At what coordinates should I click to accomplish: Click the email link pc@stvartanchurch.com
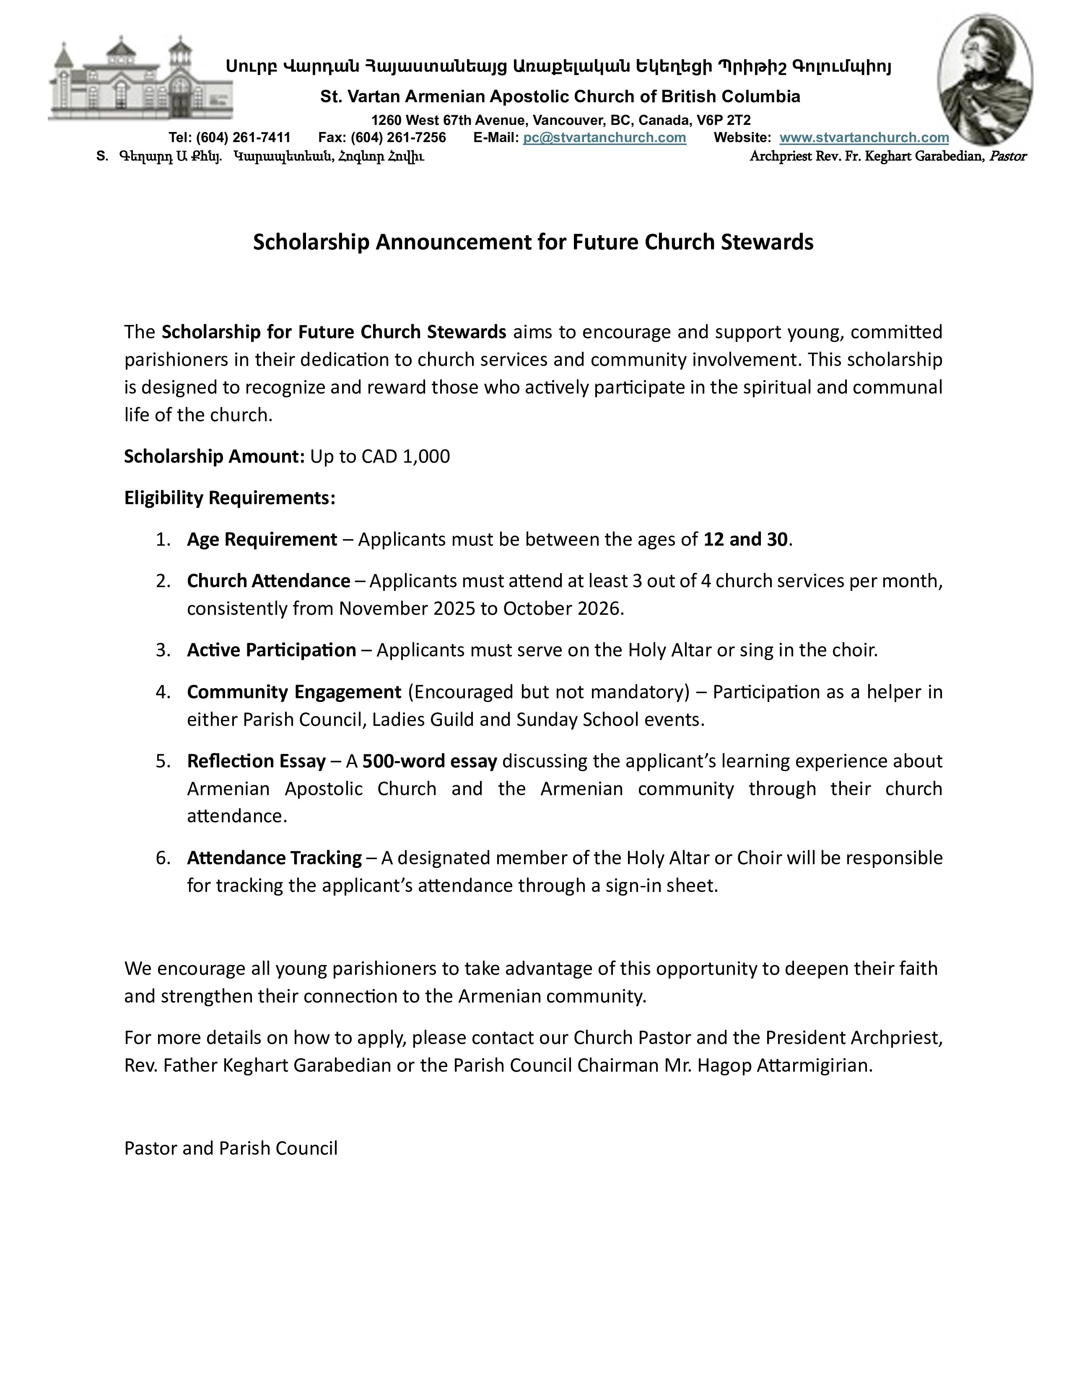point(604,137)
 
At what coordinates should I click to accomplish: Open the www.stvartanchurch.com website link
point(864,137)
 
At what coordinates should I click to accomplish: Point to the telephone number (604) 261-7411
point(243,137)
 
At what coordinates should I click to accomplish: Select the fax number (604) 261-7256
point(398,137)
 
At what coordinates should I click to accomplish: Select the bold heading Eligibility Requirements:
point(229,498)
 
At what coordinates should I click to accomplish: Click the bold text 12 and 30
point(745,539)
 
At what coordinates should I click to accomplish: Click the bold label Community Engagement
point(294,692)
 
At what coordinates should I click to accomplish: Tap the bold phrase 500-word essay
point(429,761)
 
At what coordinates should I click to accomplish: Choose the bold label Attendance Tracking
point(274,858)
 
